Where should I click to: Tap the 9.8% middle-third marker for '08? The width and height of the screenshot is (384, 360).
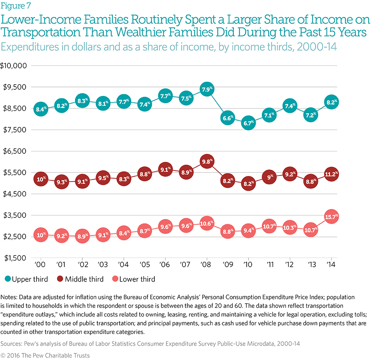pyautogui.click(x=207, y=162)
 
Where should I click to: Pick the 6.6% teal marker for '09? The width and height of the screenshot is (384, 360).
pyautogui.click(x=228, y=118)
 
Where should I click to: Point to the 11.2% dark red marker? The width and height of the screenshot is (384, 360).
pyautogui.click(x=331, y=174)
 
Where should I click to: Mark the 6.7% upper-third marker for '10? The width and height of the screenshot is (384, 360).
pyautogui.click(x=248, y=123)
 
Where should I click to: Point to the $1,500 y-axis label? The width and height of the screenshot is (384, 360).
pyautogui.click(x=15, y=258)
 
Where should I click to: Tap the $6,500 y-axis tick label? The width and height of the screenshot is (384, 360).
pyautogui.click(x=15, y=151)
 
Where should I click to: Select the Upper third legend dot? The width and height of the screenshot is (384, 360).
pyautogui.click(x=7, y=279)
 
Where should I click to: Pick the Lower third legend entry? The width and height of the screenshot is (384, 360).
pyautogui.click(x=134, y=279)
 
